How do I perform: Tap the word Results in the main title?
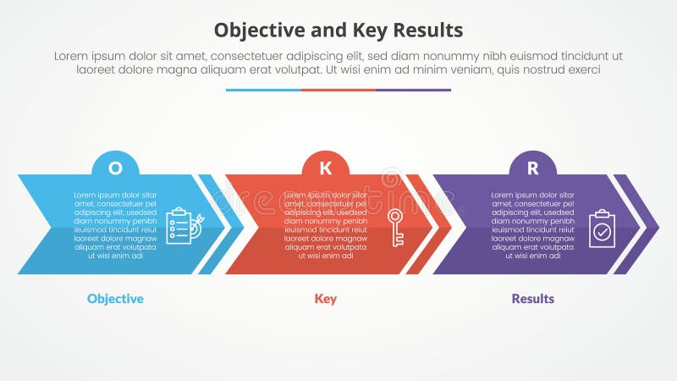[x=427, y=30]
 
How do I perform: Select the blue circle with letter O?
[x=116, y=167]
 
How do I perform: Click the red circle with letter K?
[x=326, y=167]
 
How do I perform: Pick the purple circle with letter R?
[x=532, y=167]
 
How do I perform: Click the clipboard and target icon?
[x=181, y=226]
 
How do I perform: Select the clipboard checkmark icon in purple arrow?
[x=602, y=228]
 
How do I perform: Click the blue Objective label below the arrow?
[x=115, y=299]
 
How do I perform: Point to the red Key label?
[x=326, y=299]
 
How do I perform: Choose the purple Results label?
[x=532, y=299]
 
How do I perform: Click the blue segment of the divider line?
[x=263, y=90]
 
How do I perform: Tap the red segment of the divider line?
[x=338, y=90]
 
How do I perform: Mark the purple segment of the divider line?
[x=413, y=90]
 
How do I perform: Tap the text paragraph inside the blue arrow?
[x=116, y=224]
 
